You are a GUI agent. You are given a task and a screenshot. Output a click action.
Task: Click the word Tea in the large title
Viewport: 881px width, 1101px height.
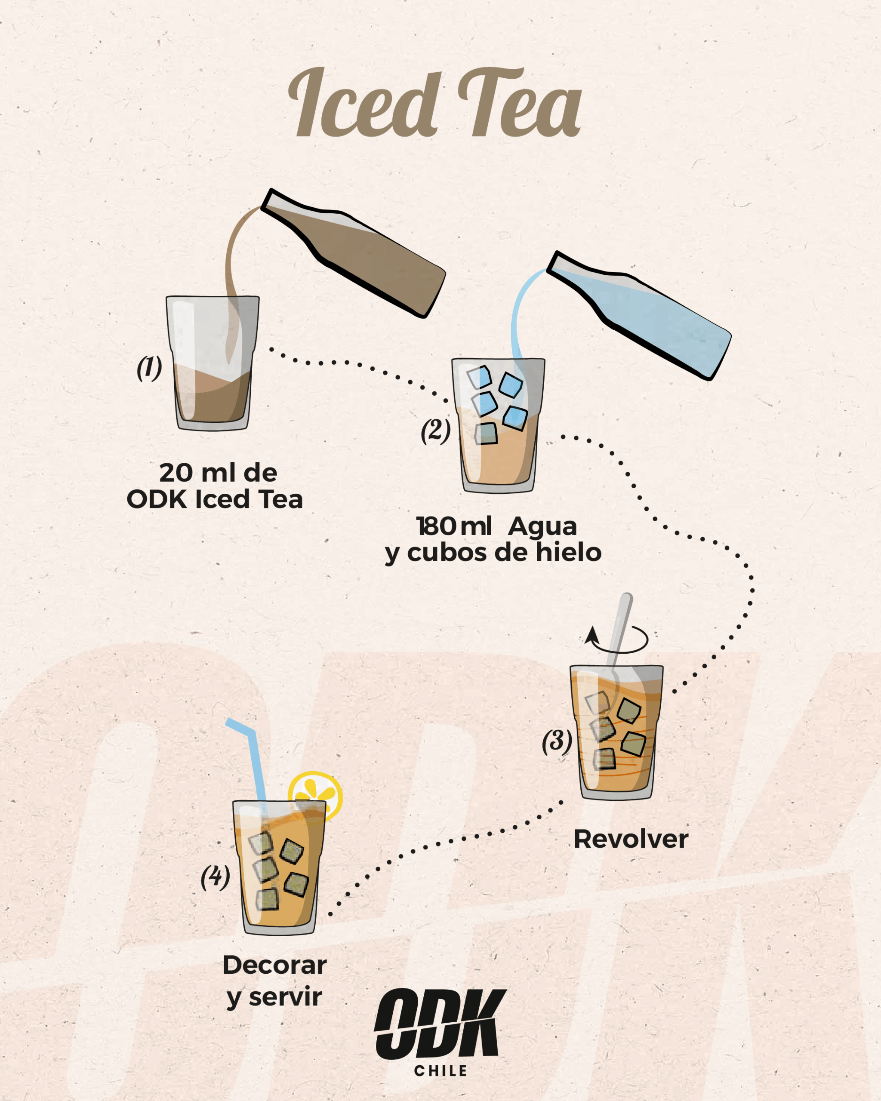520,103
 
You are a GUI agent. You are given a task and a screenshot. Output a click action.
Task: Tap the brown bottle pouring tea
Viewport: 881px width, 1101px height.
352,253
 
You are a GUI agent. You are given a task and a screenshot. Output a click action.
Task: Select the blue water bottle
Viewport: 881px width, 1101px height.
638,315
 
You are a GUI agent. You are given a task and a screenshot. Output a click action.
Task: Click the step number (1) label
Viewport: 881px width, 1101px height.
149,368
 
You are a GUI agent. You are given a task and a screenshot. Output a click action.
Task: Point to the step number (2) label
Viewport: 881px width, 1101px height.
435,431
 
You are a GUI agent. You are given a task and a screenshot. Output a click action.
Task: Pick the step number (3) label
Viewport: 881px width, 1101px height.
557,741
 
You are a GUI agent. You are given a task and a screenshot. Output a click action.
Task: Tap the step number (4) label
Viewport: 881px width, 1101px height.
215,877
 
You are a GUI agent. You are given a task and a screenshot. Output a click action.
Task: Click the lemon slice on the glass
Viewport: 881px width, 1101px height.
316,796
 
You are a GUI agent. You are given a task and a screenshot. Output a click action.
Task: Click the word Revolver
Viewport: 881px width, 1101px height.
631,839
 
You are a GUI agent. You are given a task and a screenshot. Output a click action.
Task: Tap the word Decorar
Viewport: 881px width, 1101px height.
275,965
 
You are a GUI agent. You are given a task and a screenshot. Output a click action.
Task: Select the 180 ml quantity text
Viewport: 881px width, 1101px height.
454,526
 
